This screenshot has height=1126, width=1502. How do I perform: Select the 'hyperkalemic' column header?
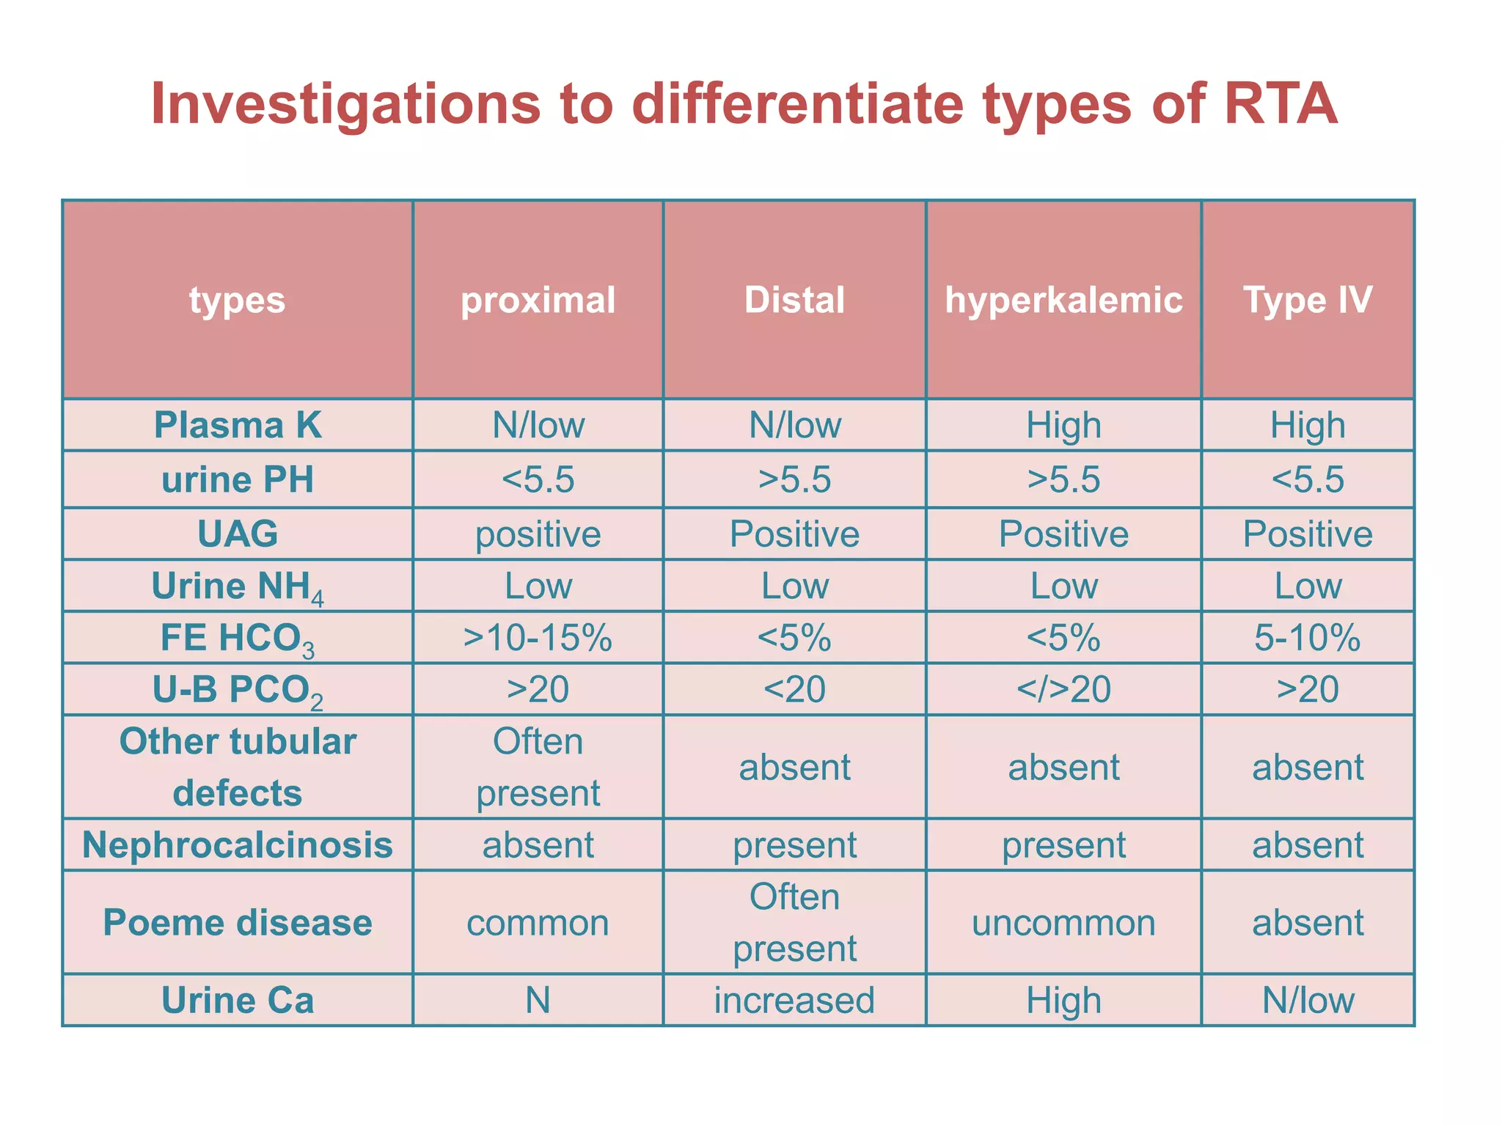[1063, 301]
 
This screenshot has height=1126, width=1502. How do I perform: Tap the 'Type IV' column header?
[1308, 301]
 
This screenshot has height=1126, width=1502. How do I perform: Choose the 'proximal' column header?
[538, 301]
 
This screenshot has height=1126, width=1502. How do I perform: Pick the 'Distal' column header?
[794, 301]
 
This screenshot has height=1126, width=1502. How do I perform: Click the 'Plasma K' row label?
[238, 425]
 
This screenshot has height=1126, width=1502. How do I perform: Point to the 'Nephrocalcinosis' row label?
[238, 844]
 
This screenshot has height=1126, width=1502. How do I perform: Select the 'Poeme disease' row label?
[238, 922]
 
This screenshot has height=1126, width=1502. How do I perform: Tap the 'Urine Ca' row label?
[238, 1001]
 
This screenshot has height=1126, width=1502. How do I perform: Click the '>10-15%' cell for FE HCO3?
[538, 638]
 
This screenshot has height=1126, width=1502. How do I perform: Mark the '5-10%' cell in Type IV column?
[1308, 638]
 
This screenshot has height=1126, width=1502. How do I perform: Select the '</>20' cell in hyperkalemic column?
[1063, 690]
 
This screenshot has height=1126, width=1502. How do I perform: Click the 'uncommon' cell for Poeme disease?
[1063, 922]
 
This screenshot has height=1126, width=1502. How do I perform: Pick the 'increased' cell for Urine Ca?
[794, 1001]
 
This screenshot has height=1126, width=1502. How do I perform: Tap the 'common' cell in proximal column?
[538, 922]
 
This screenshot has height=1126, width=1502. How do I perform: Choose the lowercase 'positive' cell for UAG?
[538, 534]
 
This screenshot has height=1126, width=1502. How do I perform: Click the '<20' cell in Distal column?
[794, 690]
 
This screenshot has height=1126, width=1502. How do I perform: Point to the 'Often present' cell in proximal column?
[538, 767]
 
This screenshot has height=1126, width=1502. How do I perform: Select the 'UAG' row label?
[238, 534]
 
